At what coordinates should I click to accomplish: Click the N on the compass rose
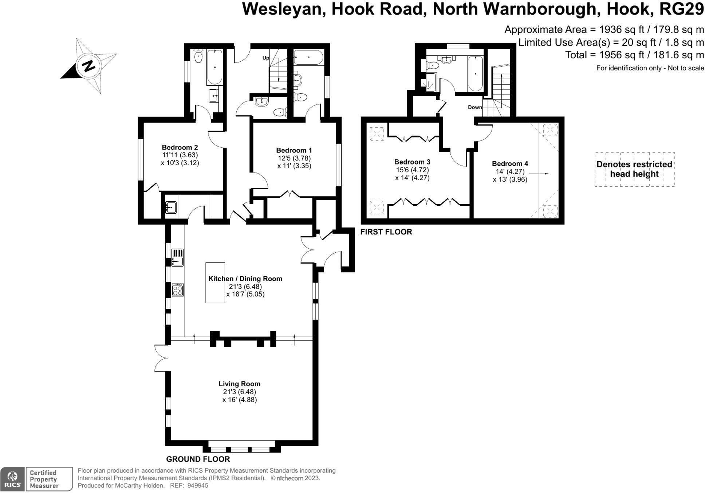pyautogui.click(x=88, y=66)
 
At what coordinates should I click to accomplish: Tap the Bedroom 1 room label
pyautogui.click(x=294, y=150)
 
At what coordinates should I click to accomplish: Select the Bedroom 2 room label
pyautogui.click(x=180, y=147)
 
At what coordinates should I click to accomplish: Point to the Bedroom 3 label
pyautogui.click(x=412, y=162)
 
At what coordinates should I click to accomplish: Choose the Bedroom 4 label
pyautogui.click(x=510, y=163)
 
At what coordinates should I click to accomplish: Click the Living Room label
pyautogui.click(x=239, y=384)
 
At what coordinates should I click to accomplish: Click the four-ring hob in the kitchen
pyautogui.click(x=178, y=290)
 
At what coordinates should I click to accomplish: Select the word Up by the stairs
pyautogui.click(x=266, y=58)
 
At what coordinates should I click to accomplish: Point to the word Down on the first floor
pyautogui.click(x=475, y=107)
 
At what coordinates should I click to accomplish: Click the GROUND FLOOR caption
pyautogui.click(x=198, y=459)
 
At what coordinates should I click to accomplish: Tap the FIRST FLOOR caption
pyautogui.click(x=386, y=232)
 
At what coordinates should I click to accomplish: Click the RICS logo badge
pyautogui.click(x=13, y=479)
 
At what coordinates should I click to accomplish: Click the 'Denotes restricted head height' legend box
pyautogui.click(x=634, y=169)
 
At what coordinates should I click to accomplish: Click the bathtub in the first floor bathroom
pyautogui.click(x=476, y=74)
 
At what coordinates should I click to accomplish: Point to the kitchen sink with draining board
pyautogui.click(x=177, y=257)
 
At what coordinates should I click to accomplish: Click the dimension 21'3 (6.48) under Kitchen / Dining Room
pyautogui.click(x=245, y=287)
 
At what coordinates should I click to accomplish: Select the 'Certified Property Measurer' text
pyautogui.click(x=44, y=479)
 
